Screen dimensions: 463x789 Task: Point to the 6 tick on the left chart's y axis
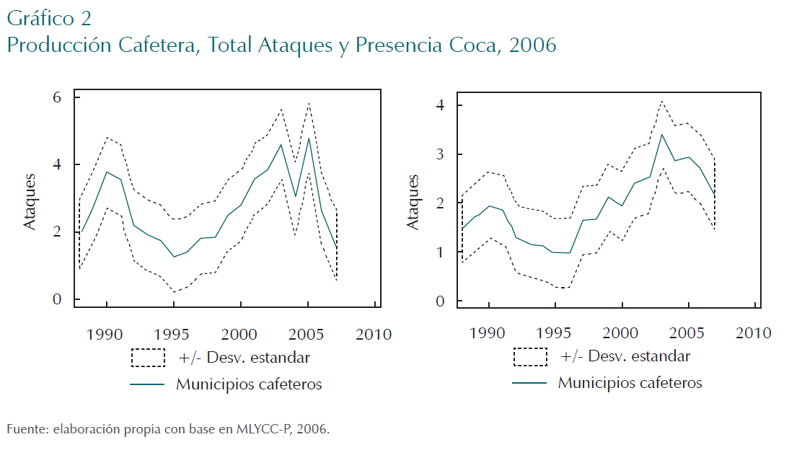(56, 97)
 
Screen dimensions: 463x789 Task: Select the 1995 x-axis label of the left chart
(172, 335)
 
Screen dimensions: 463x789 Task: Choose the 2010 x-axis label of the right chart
(752, 333)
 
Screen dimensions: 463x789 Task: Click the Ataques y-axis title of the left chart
(30, 201)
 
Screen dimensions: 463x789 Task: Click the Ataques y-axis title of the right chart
(413, 201)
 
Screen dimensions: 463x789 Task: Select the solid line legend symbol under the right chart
(529, 382)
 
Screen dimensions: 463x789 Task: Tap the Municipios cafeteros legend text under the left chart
(249, 384)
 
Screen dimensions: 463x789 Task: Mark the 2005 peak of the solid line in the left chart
(309, 138)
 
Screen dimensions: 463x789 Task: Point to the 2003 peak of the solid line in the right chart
(662, 134)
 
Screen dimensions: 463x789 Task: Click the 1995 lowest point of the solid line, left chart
(174, 257)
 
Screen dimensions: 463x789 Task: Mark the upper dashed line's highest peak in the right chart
(662, 101)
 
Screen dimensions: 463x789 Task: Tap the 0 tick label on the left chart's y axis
(56, 299)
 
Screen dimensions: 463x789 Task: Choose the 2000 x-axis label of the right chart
(620, 333)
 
